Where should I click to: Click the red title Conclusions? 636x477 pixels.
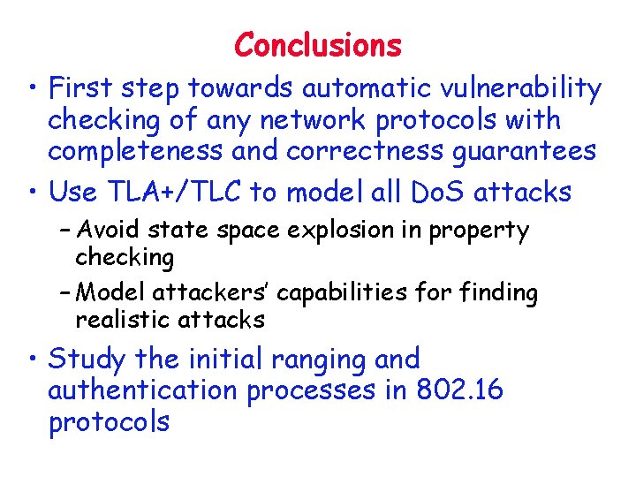click(x=318, y=44)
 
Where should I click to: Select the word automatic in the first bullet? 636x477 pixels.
click(x=353, y=88)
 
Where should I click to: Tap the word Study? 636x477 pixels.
click(x=89, y=359)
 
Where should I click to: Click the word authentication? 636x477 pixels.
click(x=143, y=390)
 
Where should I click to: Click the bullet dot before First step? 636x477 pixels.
click(x=32, y=89)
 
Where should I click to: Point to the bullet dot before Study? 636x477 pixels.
click(x=32, y=360)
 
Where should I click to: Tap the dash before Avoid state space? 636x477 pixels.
click(x=66, y=232)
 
